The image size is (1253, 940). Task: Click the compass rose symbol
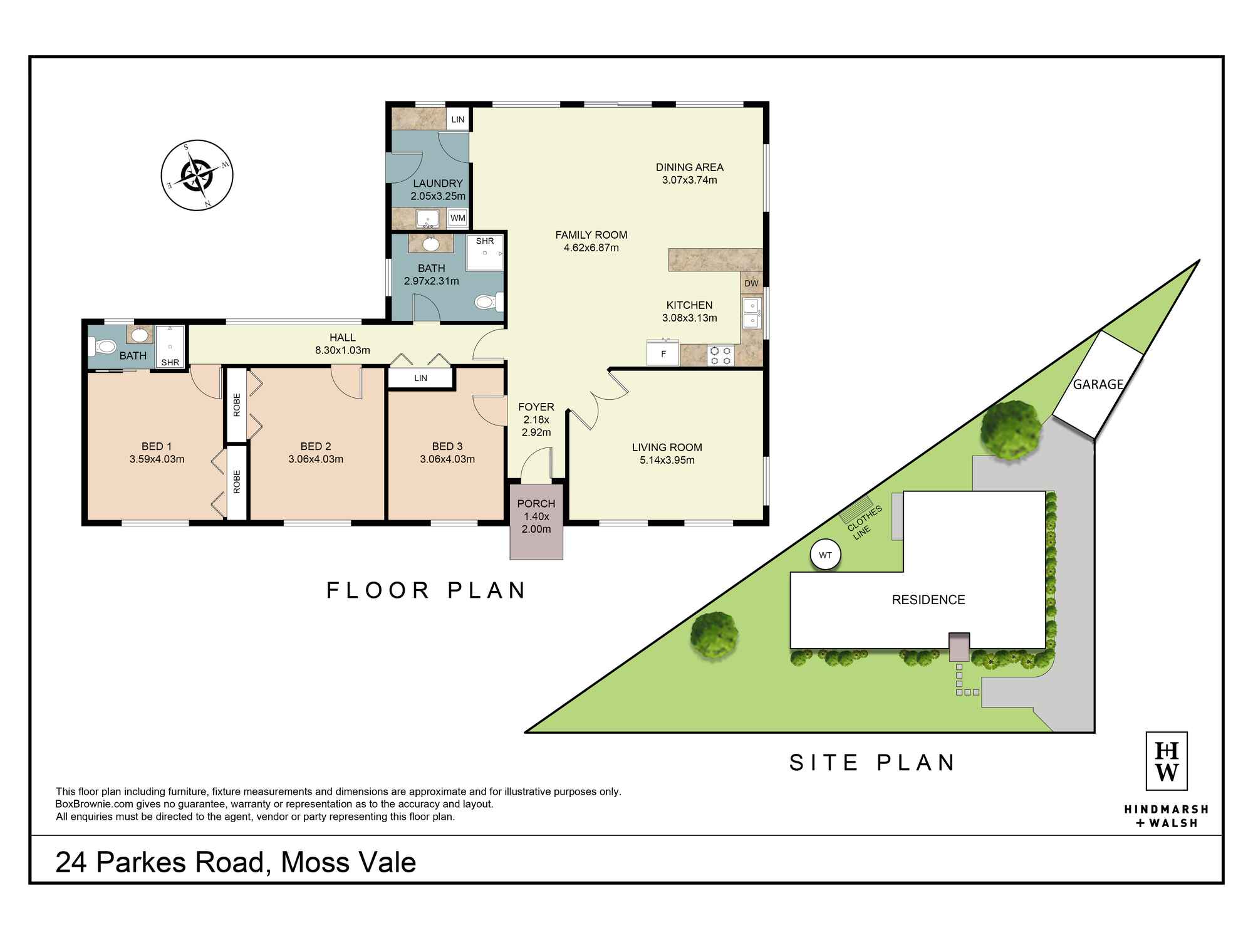coord(197,175)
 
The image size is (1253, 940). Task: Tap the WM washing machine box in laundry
coord(458,218)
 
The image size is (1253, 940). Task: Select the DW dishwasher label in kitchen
coord(751,283)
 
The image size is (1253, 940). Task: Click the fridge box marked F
coord(663,353)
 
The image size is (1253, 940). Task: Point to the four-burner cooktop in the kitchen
coord(720,355)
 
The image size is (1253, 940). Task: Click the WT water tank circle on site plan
coord(825,555)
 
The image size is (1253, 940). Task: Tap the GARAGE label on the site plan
coord(1098,384)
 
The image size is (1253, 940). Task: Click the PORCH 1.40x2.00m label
coord(536,516)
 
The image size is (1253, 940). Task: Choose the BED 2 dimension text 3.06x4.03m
coord(316,459)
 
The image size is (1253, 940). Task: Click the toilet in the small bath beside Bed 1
coord(103,346)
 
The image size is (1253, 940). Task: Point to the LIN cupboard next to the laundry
coord(458,119)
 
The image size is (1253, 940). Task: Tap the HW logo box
coord(1167,761)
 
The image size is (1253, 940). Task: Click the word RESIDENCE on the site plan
coord(928,600)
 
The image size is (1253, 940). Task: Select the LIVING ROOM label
coord(667,447)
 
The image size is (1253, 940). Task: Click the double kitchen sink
coord(751,313)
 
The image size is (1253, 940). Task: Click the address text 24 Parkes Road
coord(160,862)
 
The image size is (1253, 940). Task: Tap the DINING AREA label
coord(689,167)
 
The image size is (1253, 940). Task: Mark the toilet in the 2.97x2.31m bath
coord(487,303)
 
